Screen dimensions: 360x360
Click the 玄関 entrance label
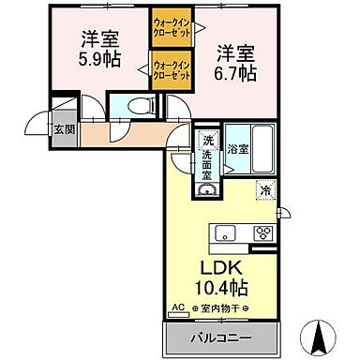[63, 129]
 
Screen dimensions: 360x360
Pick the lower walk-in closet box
[172, 71]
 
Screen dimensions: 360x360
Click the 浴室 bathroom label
[238, 147]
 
